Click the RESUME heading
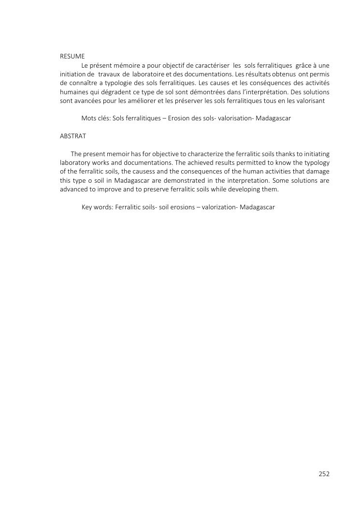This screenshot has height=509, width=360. pos(72,56)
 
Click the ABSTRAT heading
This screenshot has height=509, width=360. pos(72,136)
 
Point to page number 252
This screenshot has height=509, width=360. pos(324,474)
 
